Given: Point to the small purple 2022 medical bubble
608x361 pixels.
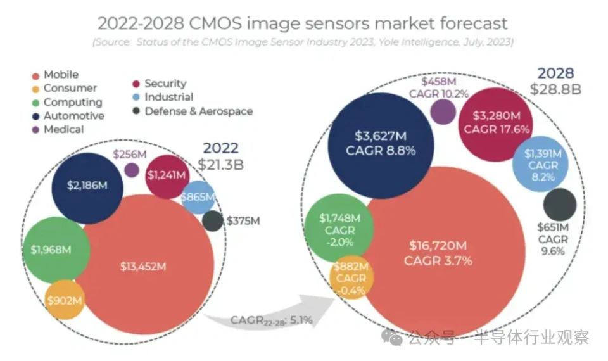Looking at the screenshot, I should (132, 170).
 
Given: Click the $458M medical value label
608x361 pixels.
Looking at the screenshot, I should (441, 81).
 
